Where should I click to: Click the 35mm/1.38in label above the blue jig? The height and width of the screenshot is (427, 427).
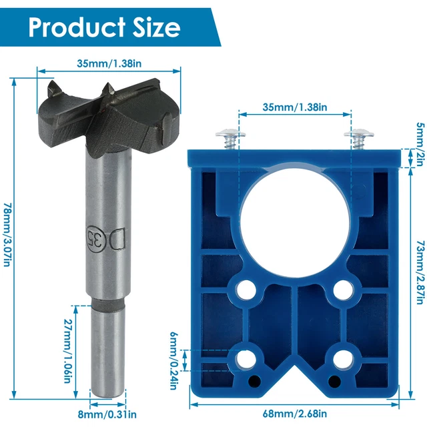[294, 106]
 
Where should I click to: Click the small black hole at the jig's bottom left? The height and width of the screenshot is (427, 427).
[255, 381]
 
